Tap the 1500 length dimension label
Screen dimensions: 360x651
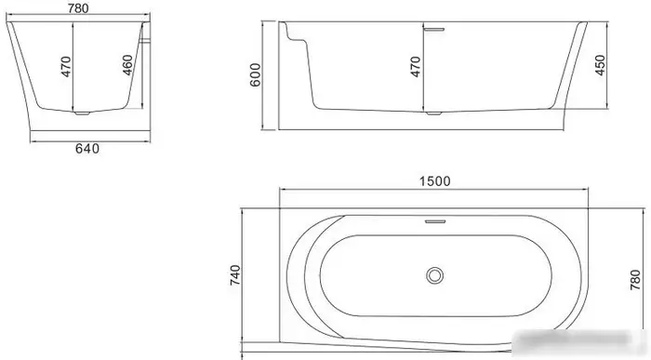click(436, 183)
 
